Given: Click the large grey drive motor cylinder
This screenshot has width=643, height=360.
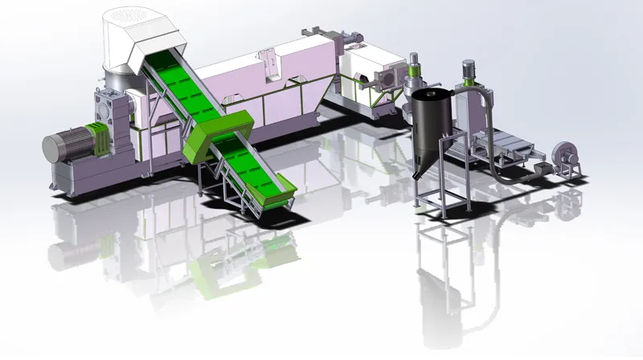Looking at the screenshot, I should (60, 148).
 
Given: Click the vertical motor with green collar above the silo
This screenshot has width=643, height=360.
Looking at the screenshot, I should (416, 67).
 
